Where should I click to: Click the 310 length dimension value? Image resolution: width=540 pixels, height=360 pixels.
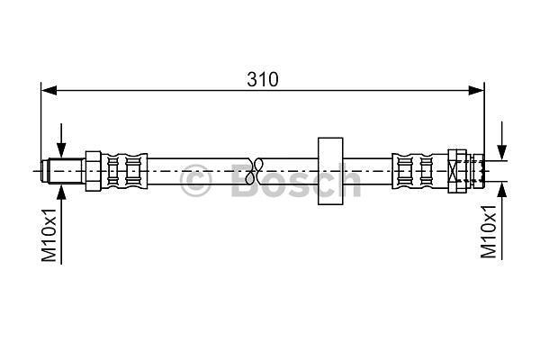pyautogui.click(x=263, y=79)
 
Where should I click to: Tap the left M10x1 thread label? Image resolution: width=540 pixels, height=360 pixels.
pyautogui.click(x=49, y=235)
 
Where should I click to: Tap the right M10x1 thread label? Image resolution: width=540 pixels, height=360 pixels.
pyautogui.click(x=489, y=231)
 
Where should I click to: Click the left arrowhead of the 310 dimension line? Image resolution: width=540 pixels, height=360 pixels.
pyautogui.click(x=49, y=91)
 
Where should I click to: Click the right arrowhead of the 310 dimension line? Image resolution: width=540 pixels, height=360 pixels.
pyautogui.click(x=476, y=91)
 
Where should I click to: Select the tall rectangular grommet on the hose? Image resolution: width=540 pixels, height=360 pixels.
pyautogui.click(x=330, y=171)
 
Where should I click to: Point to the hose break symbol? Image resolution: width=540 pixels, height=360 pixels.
pyautogui.click(x=255, y=171)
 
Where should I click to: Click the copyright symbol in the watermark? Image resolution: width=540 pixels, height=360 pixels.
pyautogui.click(x=195, y=180)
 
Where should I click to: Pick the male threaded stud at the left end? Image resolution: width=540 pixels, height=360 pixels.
pyautogui.click(x=62, y=171)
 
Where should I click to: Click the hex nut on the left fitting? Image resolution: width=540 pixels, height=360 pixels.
pyautogui.click(x=93, y=171)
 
